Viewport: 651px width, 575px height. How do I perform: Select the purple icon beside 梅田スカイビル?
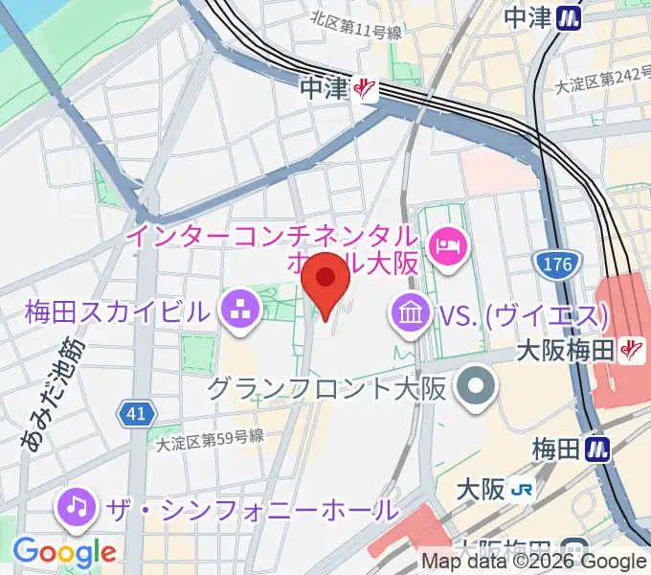235,310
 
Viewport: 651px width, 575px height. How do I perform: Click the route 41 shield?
135,414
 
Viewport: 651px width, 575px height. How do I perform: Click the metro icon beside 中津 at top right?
572,17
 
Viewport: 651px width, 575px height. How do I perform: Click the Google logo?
64,552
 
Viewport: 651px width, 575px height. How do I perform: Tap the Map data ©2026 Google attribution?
534,562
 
